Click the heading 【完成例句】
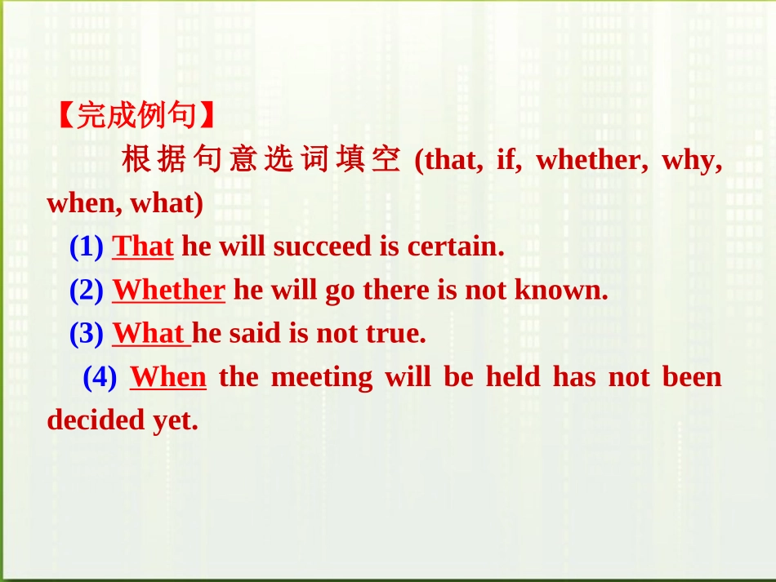(x=136, y=116)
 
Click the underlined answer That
(x=143, y=247)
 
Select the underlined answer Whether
(x=168, y=291)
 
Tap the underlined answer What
(x=149, y=334)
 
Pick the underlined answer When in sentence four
(x=168, y=377)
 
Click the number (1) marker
(x=86, y=247)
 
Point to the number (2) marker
(x=86, y=291)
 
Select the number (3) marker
(x=86, y=334)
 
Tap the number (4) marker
(x=100, y=377)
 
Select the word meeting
(x=321, y=377)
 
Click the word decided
(x=96, y=420)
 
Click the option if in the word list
(x=507, y=160)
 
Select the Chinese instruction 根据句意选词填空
(x=261, y=159)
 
